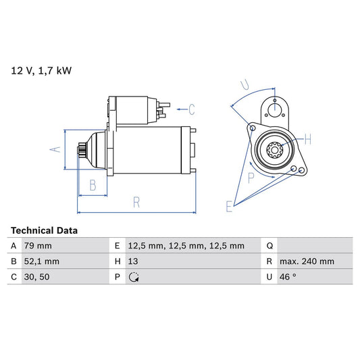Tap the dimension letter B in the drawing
(x=93, y=185)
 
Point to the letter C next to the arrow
(x=191, y=109)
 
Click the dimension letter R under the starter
(x=136, y=201)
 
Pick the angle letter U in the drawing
(x=245, y=86)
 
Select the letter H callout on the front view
(x=307, y=140)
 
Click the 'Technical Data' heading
(x=44, y=230)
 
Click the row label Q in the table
(x=269, y=246)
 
